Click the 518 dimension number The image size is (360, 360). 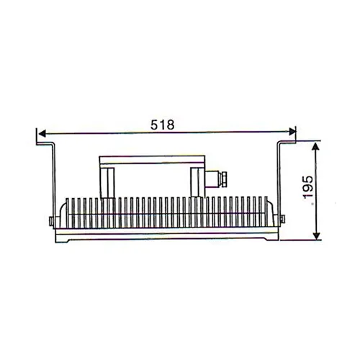pos(165,125)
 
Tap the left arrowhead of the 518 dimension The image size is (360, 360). pos(42,133)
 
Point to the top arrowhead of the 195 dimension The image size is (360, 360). pos(316,145)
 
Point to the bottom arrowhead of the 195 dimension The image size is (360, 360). pos(316,238)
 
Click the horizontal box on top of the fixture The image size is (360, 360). pos(153,160)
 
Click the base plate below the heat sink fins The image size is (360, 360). pos(166,235)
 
